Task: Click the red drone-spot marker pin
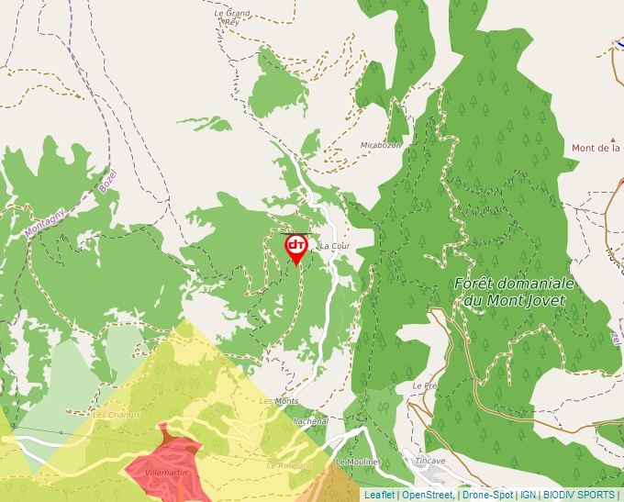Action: (x=295, y=248)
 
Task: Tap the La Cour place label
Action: (x=334, y=247)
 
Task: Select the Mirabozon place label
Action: (x=381, y=145)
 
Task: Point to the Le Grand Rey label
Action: (x=231, y=17)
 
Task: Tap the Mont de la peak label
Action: (x=596, y=148)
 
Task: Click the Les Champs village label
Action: (x=116, y=415)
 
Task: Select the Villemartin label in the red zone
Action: (x=166, y=472)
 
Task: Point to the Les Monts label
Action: (x=279, y=402)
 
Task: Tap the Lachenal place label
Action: (x=311, y=421)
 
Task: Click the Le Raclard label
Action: (x=289, y=465)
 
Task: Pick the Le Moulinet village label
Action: (x=358, y=462)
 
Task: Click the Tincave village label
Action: (x=429, y=461)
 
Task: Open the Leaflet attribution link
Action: (x=379, y=495)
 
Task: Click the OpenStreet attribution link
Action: (x=427, y=495)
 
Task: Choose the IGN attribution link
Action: (x=529, y=495)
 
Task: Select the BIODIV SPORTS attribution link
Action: (x=579, y=495)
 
